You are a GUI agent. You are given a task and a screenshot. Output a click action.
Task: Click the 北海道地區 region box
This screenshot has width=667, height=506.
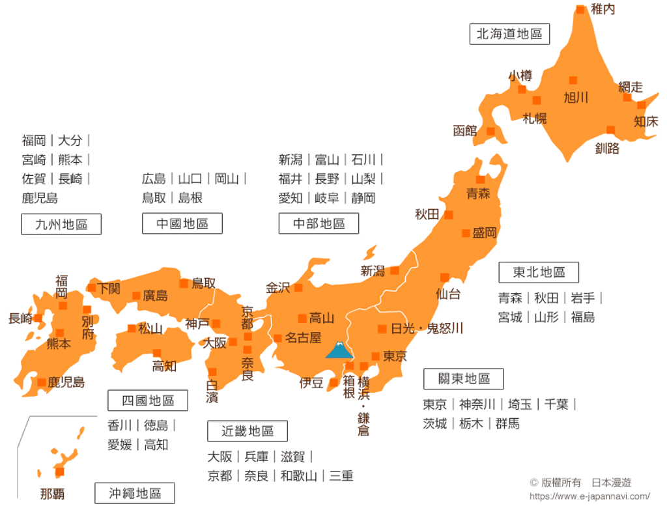pyautogui.click(x=509, y=34)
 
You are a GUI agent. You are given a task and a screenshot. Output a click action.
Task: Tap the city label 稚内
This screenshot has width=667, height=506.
pyautogui.click(x=603, y=10)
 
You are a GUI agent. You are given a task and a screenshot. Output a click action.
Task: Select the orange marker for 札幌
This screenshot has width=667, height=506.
pyautogui.click(x=537, y=101)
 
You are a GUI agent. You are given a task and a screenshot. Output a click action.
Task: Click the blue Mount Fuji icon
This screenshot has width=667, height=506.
pyautogui.click(x=339, y=350)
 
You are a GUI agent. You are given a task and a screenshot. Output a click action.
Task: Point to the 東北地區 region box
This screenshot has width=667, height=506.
pyautogui.click(x=539, y=272)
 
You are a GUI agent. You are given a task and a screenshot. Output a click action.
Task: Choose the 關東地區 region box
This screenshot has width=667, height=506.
pyautogui.click(x=463, y=379)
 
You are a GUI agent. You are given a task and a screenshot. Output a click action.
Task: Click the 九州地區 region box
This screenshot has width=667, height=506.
pyautogui.click(x=61, y=224)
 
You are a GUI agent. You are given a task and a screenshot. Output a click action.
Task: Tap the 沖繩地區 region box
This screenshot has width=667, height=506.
pyautogui.click(x=135, y=493)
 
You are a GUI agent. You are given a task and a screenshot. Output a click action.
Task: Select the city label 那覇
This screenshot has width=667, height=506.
pyautogui.click(x=52, y=494)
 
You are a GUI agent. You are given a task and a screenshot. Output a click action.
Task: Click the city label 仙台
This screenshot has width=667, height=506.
pyautogui.click(x=448, y=294)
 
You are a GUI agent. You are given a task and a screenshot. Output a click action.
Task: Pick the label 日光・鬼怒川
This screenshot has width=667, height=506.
pyautogui.click(x=427, y=328)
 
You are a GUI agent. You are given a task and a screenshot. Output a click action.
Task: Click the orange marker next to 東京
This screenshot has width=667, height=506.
pyautogui.click(x=376, y=356)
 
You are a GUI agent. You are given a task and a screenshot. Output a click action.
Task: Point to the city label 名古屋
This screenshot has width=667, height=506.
pyautogui.click(x=304, y=338)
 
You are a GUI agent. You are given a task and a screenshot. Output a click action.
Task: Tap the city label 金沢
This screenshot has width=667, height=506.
pyautogui.click(x=278, y=288)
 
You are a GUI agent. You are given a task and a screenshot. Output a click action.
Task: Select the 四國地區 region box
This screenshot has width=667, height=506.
pyautogui.click(x=148, y=400)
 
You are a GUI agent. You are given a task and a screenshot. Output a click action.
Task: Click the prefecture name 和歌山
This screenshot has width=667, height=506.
pyautogui.click(x=298, y=476)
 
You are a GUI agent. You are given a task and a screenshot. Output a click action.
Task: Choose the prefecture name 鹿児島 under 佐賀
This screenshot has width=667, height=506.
pyautogui.click(x=40, y=198)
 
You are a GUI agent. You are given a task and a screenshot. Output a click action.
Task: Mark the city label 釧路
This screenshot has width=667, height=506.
pyautogui.click(x=607, y=148)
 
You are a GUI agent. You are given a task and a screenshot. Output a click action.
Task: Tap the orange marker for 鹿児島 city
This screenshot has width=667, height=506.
pyautogui.click(x=42, y=382)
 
